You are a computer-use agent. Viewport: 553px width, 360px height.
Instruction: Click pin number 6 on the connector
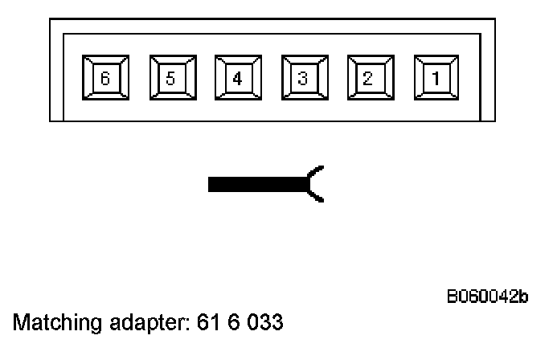click(x=105, y=78)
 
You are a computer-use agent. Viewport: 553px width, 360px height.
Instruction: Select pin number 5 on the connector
click(x=171, y=78)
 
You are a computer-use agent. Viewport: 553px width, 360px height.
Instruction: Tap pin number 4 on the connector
click(x=237, y=78)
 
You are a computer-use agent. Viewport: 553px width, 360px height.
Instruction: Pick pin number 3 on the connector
click(x=303, y=78)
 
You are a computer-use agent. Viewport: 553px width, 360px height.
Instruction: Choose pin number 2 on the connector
click(x=369, y=78)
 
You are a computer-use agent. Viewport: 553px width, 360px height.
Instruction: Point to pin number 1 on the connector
click(x=436, y=78)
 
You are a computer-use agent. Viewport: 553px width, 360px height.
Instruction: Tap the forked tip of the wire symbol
click(x=317, y=185)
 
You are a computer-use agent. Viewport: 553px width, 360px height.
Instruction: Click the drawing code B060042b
click(x=487, y=298)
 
